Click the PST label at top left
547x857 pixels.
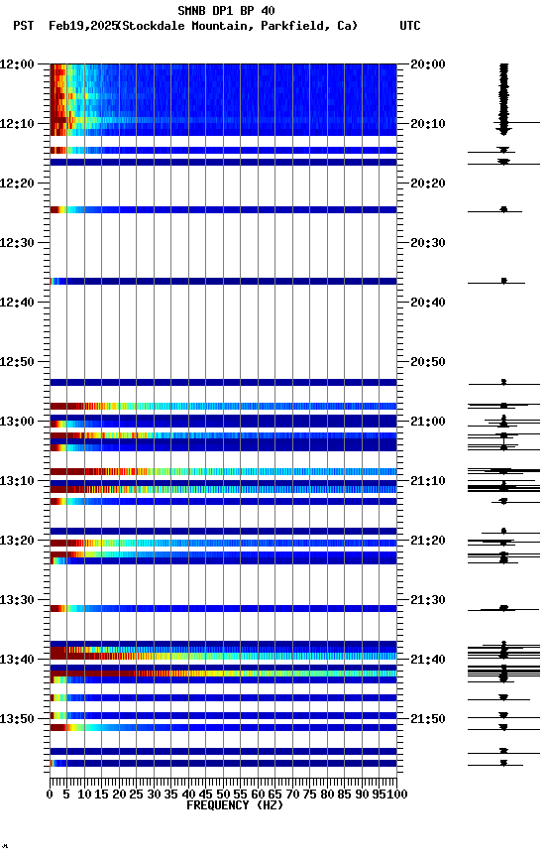(x=24, y=26)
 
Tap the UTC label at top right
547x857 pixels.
(x=409, y=26)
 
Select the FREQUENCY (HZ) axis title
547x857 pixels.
(x=223, y=805)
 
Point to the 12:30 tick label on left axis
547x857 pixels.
(x=18, y=243)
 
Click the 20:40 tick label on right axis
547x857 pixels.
(x=428, y=303)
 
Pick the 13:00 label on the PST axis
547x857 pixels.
(x=18, y=422)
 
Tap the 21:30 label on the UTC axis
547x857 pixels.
(x=428, y=600)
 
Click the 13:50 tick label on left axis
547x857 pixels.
(x=18, y=719)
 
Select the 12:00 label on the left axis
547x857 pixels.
(x=18, y=64)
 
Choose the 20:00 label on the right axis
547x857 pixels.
(x=428, y=64)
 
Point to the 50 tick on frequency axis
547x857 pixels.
(x=223, y=795)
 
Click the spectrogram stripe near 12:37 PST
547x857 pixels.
(x=223, y=282)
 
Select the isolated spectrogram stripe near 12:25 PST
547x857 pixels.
(x=223, y=209)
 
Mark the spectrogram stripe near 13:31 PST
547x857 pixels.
(x=223, y=608)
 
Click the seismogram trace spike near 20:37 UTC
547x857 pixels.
(x=503, y=282)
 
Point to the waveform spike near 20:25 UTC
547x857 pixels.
(x=503, y=209)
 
